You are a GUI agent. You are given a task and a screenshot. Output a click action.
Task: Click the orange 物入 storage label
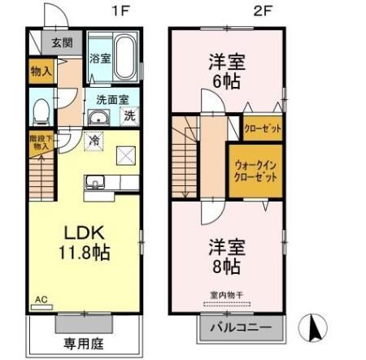[x=41, y=72]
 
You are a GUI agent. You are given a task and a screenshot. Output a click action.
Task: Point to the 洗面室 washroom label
[x=111, y=100]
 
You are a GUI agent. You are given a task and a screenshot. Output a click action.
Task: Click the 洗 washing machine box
[x=129, y=115]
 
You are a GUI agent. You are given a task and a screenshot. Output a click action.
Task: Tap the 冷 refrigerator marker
[x=94, y=140]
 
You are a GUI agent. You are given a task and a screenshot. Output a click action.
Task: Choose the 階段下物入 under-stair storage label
[x=40, y=143]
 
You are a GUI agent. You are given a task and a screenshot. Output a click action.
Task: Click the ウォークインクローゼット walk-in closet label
[x=255, y=170]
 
